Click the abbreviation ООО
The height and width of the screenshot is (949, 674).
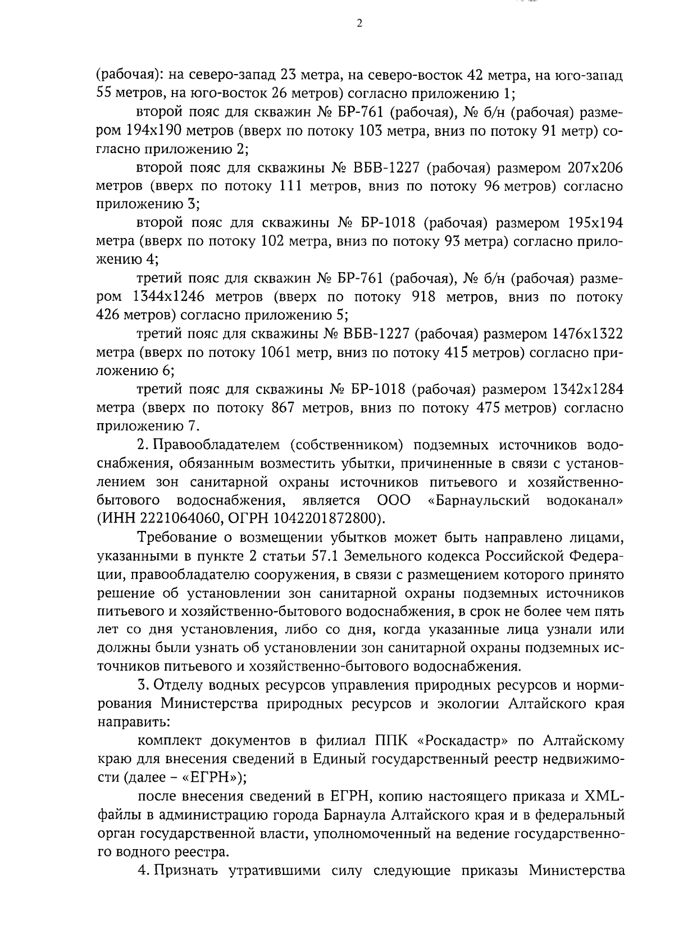point(394,499)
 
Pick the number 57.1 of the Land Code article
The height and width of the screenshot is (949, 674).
point(326,556)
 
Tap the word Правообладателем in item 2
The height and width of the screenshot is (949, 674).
point(214,445)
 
